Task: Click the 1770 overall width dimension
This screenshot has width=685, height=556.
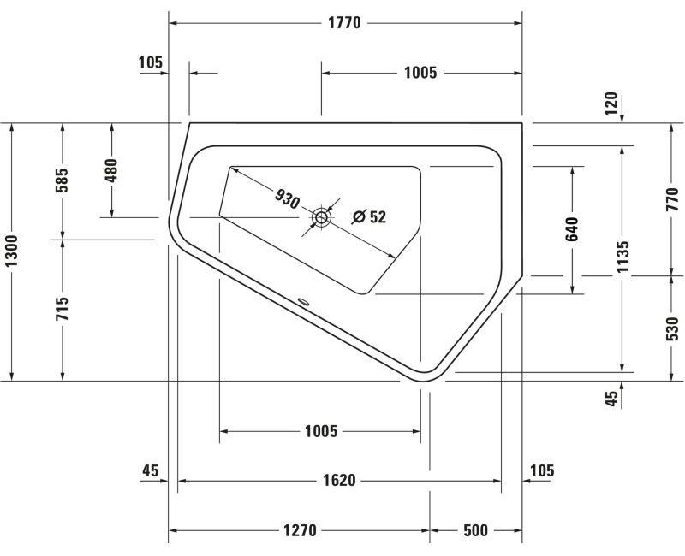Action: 344,23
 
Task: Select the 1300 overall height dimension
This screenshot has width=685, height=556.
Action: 11,251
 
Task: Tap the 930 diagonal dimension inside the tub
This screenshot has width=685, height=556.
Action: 288,198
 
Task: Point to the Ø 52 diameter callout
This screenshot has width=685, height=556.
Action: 369,217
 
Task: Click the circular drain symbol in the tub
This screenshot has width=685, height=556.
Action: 322,217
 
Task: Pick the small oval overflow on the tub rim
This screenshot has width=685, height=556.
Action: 303,300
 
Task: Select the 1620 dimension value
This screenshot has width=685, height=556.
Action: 339,481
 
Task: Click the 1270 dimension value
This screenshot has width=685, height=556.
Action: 300,531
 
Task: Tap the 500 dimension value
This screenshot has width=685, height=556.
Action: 474,531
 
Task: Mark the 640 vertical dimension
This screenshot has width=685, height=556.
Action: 572,231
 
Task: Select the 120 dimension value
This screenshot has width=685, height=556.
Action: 611,104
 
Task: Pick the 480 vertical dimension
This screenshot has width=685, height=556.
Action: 111,170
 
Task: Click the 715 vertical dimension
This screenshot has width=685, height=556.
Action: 63,310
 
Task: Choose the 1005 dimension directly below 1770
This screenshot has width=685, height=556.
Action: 420,73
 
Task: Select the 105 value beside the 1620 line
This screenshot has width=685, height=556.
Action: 542,470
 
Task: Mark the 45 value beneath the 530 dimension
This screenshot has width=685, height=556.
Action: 611,399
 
